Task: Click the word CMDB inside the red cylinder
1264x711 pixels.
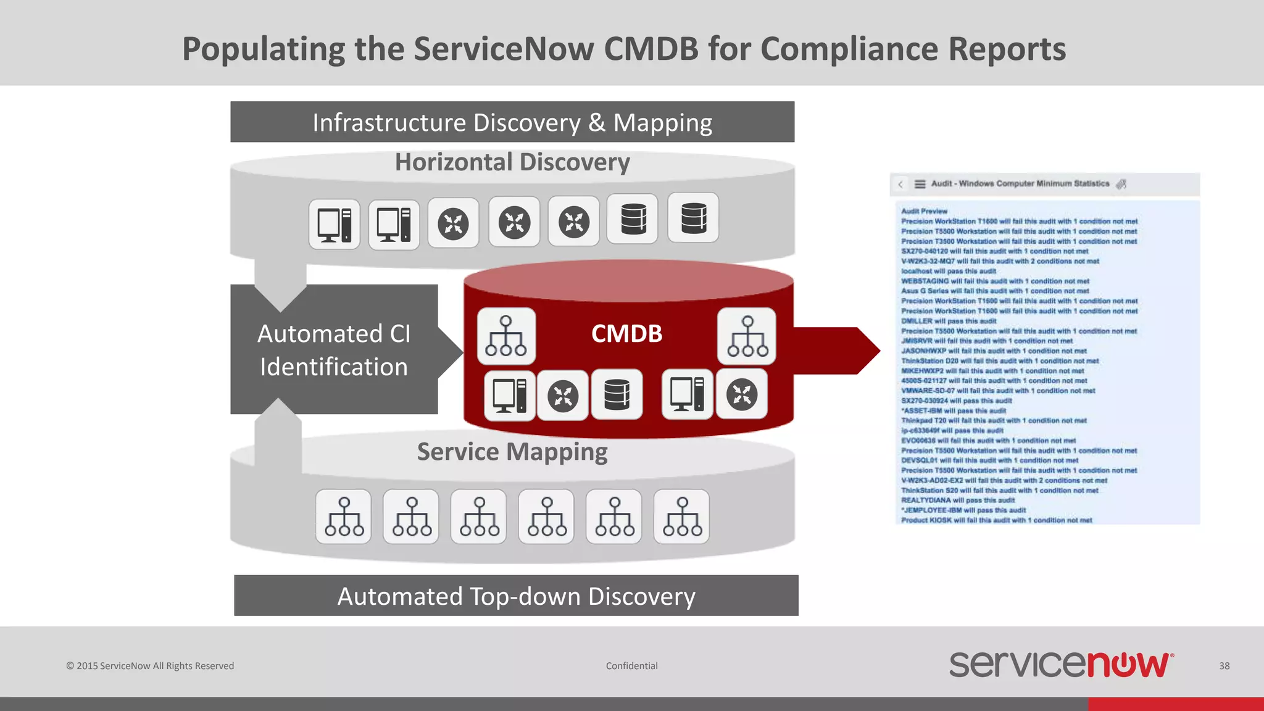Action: coord(626,334)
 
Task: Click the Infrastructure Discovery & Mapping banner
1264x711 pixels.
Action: coord(512,122)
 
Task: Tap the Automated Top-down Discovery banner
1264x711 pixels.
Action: coord(516,596)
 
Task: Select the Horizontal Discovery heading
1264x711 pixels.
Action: coord(512,162)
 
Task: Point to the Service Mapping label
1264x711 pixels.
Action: coord(512,452)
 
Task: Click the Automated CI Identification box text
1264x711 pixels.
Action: coord(334,350)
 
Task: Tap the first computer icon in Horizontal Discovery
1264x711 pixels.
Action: coord(334,224)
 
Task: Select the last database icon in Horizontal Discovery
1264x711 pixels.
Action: coord(693,218)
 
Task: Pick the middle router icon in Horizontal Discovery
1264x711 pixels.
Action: coord(514,222)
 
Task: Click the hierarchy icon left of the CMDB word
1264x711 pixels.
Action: coord(506,336)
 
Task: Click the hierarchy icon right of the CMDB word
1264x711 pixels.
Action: coord(747,336)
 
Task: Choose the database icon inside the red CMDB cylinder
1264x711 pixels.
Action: coord(617,395)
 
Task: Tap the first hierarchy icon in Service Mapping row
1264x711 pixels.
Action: coord(344,517)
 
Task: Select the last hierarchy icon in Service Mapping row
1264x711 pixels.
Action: coord(681,517)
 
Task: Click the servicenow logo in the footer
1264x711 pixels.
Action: coord(1061,665)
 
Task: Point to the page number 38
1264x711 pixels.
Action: coord(1224,666)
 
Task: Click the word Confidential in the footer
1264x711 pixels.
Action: coord(631,666)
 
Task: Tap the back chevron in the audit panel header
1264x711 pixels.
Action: coord(900,184)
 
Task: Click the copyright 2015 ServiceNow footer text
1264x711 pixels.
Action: coord(150,666)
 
